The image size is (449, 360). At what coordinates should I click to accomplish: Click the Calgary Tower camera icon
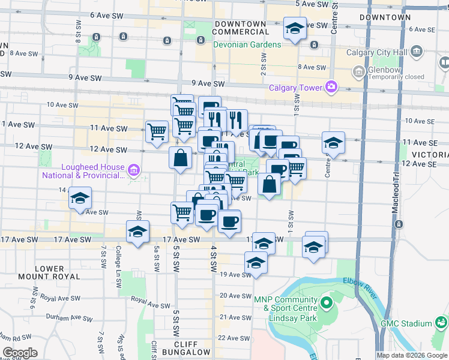point(331,88)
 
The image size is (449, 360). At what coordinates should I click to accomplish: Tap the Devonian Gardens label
point(247,45)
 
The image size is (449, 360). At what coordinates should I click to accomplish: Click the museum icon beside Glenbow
point(358,73)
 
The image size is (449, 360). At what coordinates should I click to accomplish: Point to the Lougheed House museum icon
point(134,172)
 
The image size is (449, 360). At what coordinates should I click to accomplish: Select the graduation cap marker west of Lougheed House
point(79,199)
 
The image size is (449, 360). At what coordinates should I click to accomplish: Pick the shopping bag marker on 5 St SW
point(181,159)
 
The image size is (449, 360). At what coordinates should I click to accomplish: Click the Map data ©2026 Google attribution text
point(412,355)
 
